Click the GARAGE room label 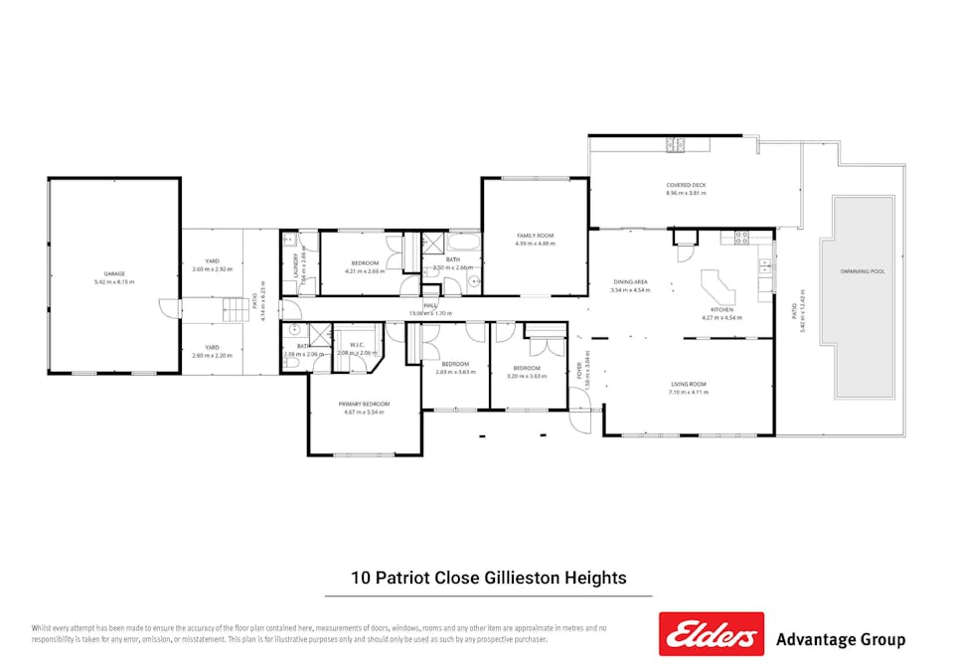point(114,273)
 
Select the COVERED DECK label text point(686,186)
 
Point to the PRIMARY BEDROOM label point(364,404)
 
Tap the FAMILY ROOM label point(535,236)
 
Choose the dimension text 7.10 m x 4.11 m point(688,392)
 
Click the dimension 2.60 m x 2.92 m point(212,269)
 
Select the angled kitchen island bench point(717,291)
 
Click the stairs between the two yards point(235,308)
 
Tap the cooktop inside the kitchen point(740,237)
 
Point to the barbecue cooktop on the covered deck point(677,146)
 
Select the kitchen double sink point(764,266)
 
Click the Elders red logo point(711,633)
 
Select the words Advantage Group point(840,639)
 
